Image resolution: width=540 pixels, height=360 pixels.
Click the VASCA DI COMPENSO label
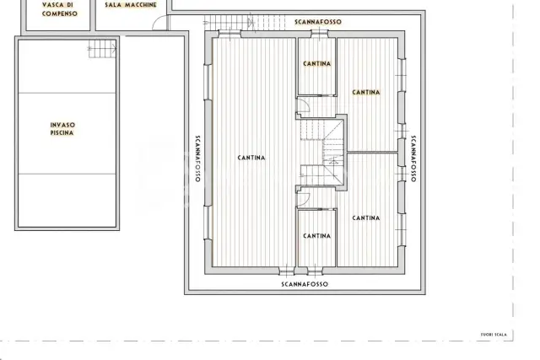(60, 9)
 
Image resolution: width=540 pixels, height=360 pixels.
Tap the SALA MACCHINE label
(131, 5)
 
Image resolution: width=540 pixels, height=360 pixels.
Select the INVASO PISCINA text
(62, 129)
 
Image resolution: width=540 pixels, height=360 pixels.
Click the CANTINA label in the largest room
(251, 158)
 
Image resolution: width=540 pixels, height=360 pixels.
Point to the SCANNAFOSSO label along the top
(318, 22)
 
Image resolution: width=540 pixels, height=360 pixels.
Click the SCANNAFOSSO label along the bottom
(305, 284)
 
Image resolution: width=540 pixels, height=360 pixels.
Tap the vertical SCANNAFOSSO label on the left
(197, 159)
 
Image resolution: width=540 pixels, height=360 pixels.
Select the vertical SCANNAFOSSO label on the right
(413, 159)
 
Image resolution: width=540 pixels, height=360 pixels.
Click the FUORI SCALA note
(494, 335)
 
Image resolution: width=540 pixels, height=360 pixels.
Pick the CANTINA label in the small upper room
(317, 64)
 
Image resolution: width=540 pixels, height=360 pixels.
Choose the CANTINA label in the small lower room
(317, 236)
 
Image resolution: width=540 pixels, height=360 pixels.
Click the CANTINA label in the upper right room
(366, 92)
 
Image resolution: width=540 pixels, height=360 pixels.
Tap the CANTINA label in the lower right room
(366, 218)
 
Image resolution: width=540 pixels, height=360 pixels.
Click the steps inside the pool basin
(102, 49)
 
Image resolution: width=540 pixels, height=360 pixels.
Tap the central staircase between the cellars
(322, 152)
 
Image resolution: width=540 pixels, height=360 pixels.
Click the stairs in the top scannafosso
(245, 23)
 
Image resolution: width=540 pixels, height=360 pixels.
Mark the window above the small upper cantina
(319, 34)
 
